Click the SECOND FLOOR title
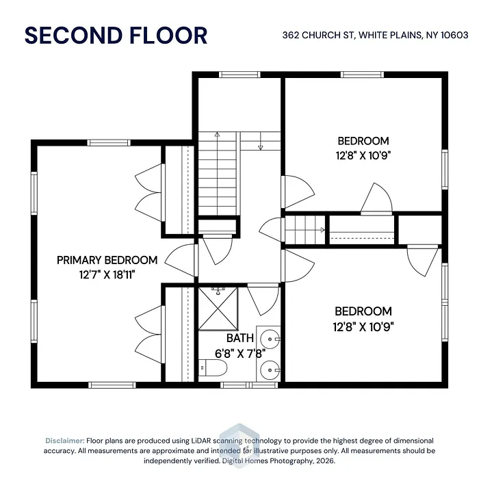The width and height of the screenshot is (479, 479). (x=116, y=36)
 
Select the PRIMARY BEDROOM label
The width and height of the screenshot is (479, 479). (x=107, y=260)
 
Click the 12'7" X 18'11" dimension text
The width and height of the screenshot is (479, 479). (x=107, y=274)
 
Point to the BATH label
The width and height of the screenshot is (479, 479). (x=240, y=338)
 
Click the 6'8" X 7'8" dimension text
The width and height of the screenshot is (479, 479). (x=240, y=354)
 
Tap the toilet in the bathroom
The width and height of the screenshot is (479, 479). (x=213, y=368)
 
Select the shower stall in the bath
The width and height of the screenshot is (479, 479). (x=218, y=309)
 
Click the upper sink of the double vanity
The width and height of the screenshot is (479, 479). (x=270, y=339)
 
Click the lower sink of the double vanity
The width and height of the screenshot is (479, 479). (x=270, y=370)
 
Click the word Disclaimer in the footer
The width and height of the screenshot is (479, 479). (x=65, y=441)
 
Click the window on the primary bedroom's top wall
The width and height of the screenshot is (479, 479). (x=109, y=142)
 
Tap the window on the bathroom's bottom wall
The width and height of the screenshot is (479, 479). (x=249, y=385)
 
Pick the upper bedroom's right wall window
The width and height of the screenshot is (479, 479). (x=445, y=169)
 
